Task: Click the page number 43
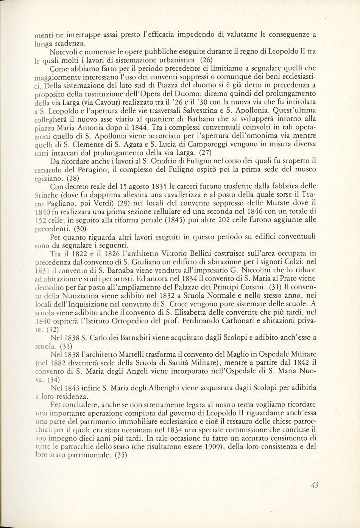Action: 314,485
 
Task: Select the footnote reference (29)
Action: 128,204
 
